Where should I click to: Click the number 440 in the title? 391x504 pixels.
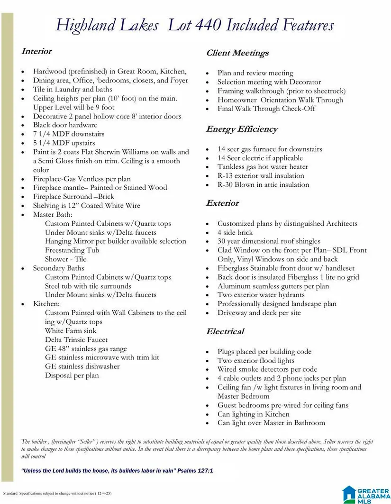pyautogui.click(x=205, y=25)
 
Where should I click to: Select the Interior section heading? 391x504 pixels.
pyautogui.click(x=36, y=51)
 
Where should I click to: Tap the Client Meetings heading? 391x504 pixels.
pyautogui.click(x=237, y=53)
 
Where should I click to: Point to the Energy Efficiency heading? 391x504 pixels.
pyautogui.click(x=242, y=129)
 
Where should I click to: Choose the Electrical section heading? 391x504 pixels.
pyautogui.click(x=225, y=331)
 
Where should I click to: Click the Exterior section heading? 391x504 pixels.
pyautogui.click(x=222, y=203)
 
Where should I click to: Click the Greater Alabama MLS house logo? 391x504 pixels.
pyautogui.click(x=350, y=494)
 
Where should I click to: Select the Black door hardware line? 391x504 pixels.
pyautogui.click(x=65, y=125)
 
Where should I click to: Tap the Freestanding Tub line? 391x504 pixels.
pyautogui.click(x=72, y=250)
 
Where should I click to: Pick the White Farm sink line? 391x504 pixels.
pyautogui.click(x=71, y=330)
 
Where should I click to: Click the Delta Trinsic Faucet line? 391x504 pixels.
pyautogui.click(x=76, y=339)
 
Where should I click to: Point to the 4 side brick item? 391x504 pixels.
pyautogui.click(x=235, y=232)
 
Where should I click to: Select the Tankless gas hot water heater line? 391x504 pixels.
pyautogui.click(x=263, y=167)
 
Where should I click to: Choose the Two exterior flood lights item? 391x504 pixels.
pyautogui.click(x=255, y=360)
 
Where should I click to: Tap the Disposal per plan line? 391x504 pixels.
pyautogui.click(x=72, y=376)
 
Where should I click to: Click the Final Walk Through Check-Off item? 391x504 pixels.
pyautogui.click(x=266, y=109)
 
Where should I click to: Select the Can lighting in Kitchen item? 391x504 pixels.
pyautogui.click(x=253, y=414)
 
